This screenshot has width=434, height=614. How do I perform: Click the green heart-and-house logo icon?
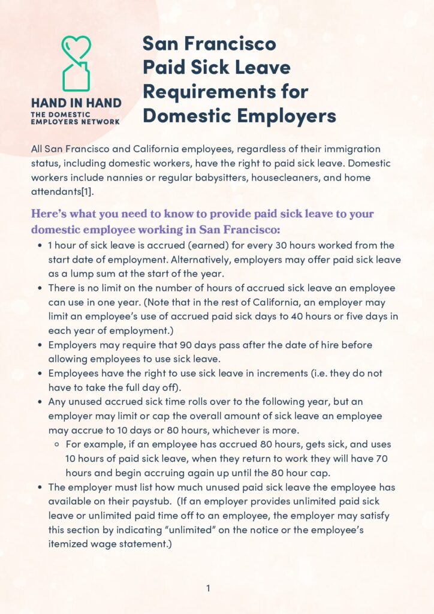76,63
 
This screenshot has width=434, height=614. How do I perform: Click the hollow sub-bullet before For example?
56,444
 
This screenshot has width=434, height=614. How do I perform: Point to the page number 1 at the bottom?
208,588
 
